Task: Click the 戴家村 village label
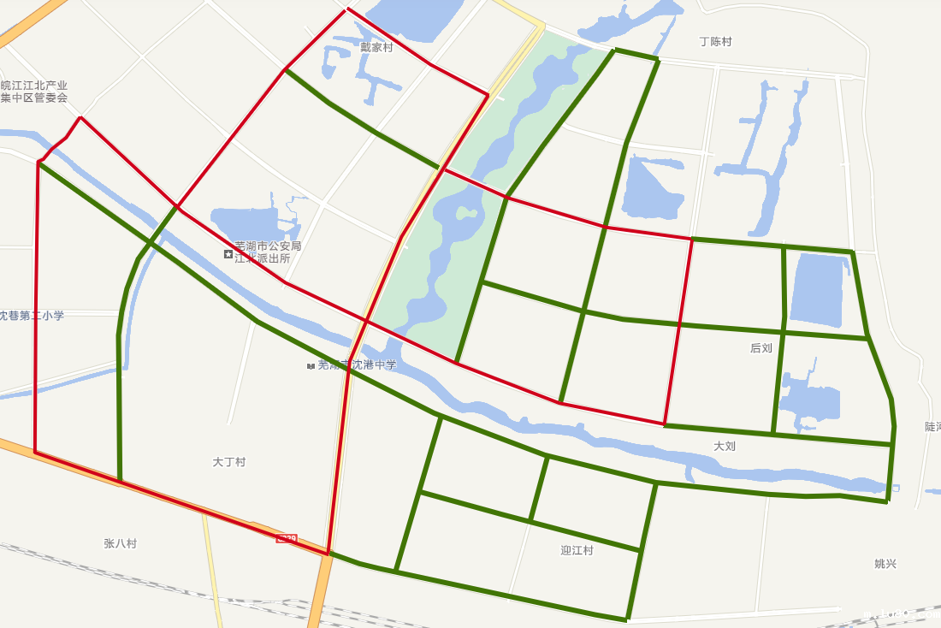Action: (x=376, y=48)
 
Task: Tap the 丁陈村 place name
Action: (x=715, y=42)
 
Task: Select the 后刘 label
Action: (x=760, y=348)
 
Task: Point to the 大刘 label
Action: (x=725, y=446)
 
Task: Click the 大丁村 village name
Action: (x=228, y=462)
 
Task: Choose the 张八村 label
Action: (x=120, y=543)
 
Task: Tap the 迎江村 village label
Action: (x=577, y=550)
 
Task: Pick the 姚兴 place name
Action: (x=885, y=564)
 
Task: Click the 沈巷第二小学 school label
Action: (x=32, y=316)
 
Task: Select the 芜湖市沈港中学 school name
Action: (x=357, y=365)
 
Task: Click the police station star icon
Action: (x=228, y=254)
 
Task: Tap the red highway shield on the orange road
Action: (x=287, y=539)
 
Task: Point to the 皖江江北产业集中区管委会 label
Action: (x=34, y=92)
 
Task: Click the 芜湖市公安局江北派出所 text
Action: (x=268, y=252)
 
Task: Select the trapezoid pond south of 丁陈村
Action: (x=654, y=187)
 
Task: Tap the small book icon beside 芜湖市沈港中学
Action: (x=311, y=366)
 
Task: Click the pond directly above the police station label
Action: (x=248, y=220)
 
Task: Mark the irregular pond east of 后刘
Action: (x=808, y=402)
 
